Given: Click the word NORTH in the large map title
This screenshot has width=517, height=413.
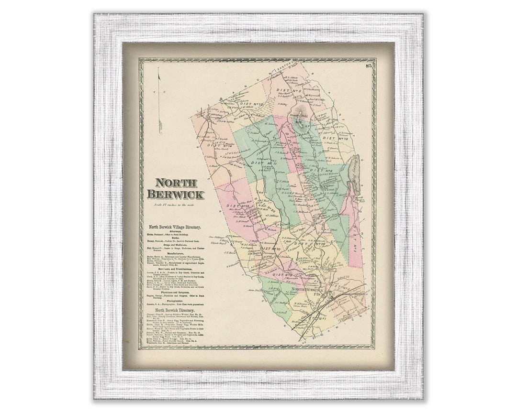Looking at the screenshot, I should coord(175,183).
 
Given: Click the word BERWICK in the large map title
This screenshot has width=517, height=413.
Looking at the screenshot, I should coord(175,195).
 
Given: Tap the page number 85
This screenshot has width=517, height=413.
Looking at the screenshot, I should coord(368,66).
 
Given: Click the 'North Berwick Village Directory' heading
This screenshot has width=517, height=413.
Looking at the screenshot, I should coord(175,228).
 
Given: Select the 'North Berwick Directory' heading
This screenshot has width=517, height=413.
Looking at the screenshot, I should coord(175,310).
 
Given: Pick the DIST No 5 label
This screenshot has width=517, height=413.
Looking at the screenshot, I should coord(289,91).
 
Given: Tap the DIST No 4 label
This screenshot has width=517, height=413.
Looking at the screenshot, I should coord(321,170).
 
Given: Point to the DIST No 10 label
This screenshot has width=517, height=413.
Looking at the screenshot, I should coord(270,249).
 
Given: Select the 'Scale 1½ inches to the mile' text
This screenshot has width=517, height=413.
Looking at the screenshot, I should coord(175,205).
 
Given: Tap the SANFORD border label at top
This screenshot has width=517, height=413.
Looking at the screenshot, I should coord(287,68).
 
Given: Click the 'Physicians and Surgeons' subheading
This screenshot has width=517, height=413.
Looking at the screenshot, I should coord(175,292).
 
